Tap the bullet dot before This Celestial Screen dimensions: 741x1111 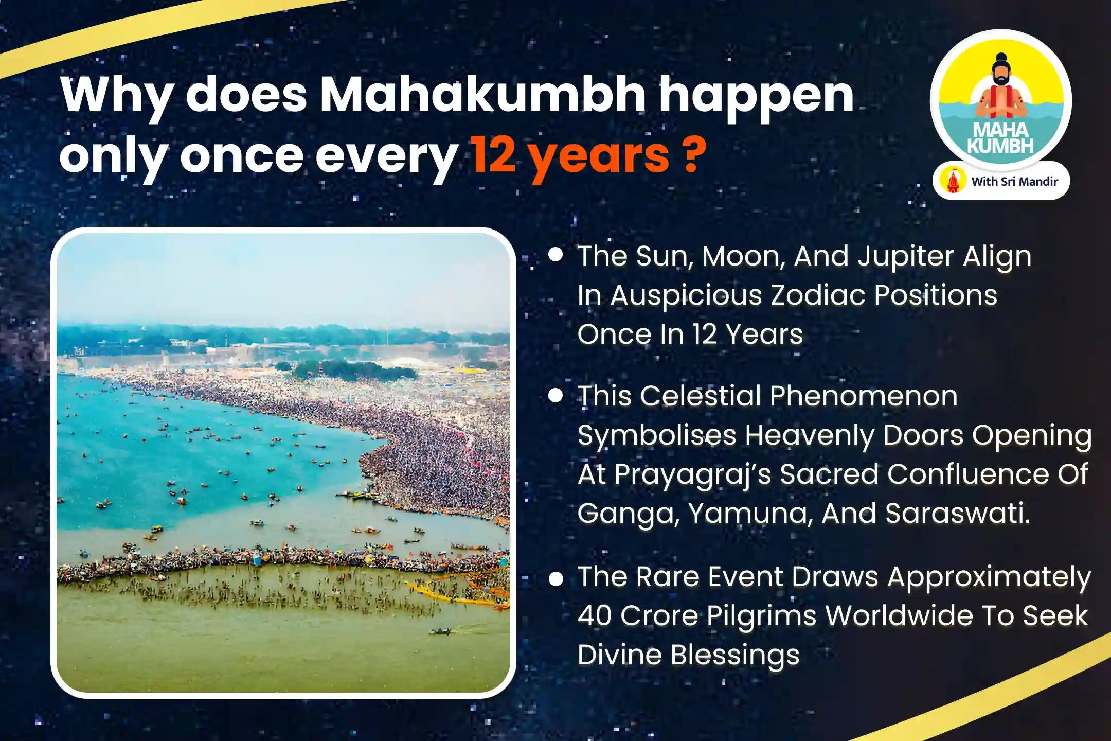pyautogui.click(x=555, y=395)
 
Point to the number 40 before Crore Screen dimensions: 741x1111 pyautogui.click(x=595, y=616)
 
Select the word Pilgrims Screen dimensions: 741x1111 pyautogui.click(x=762, y=616)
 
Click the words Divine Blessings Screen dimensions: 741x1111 pyautogui.click(x=688, y=655)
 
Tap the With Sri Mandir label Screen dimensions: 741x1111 pyautogui.click(x=1014, y=181)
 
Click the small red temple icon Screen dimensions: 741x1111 pyautogui.click(x=953, y=181)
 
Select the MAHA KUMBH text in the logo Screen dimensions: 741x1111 pyautogui.click(x=1000, y=137)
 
